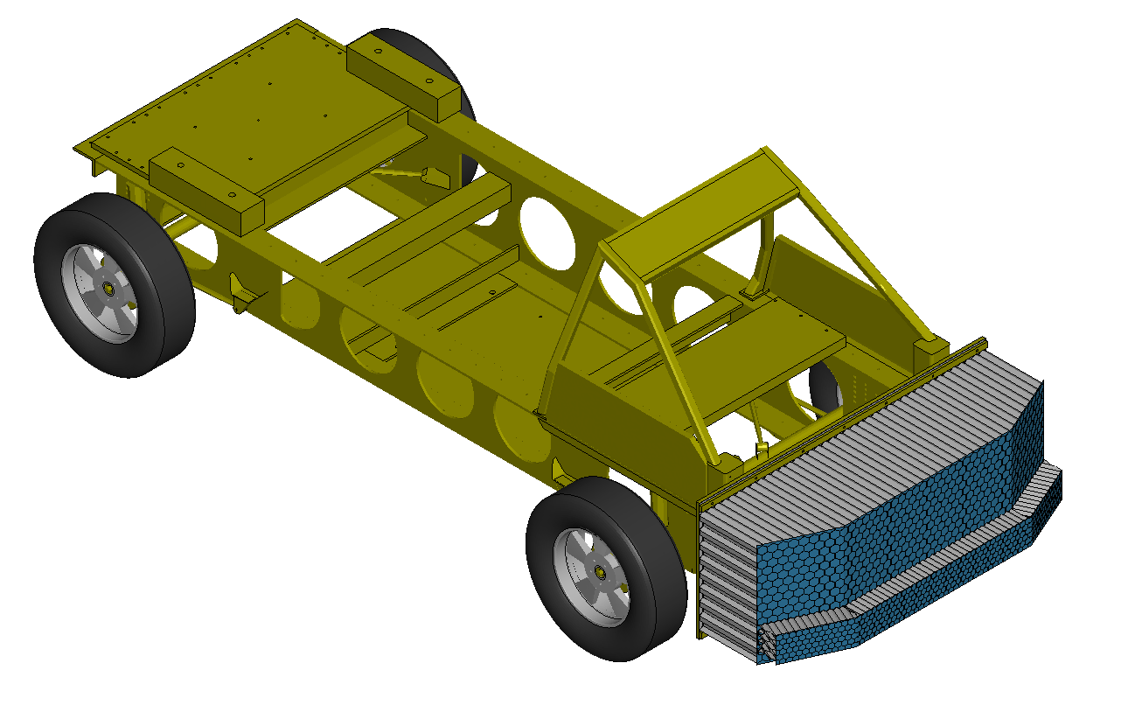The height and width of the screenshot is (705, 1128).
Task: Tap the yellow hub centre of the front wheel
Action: point(602,570)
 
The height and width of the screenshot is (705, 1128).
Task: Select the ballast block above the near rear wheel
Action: point(206,189)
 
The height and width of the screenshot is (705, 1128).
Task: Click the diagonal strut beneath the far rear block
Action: point(402,175)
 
